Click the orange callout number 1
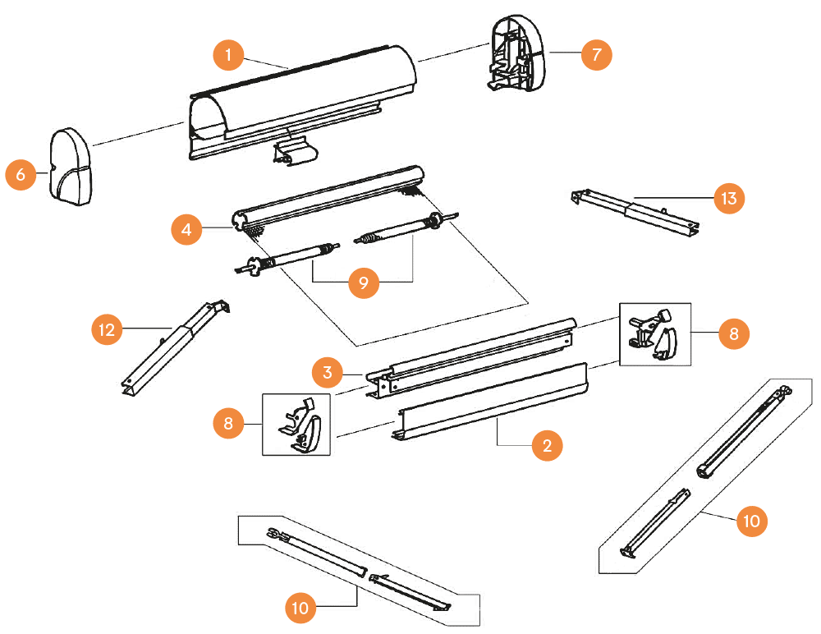point(229,55)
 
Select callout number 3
point(328,373)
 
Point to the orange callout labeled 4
point(187,230)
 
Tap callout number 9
point(364,283)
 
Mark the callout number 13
point(729,198)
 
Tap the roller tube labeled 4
point(328,201)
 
